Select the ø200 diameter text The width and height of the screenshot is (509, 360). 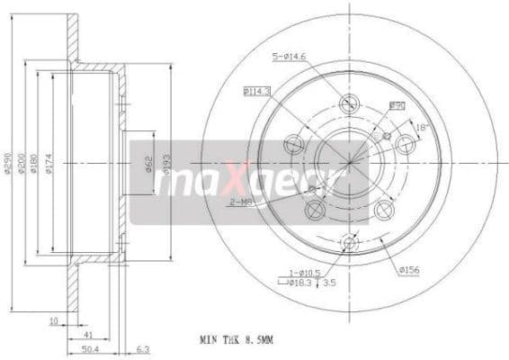pos(22,162)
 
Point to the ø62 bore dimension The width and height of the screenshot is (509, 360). pos(147,164)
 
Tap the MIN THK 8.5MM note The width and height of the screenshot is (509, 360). pos(236,341)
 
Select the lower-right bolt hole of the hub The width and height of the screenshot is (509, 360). pos(384,210)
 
